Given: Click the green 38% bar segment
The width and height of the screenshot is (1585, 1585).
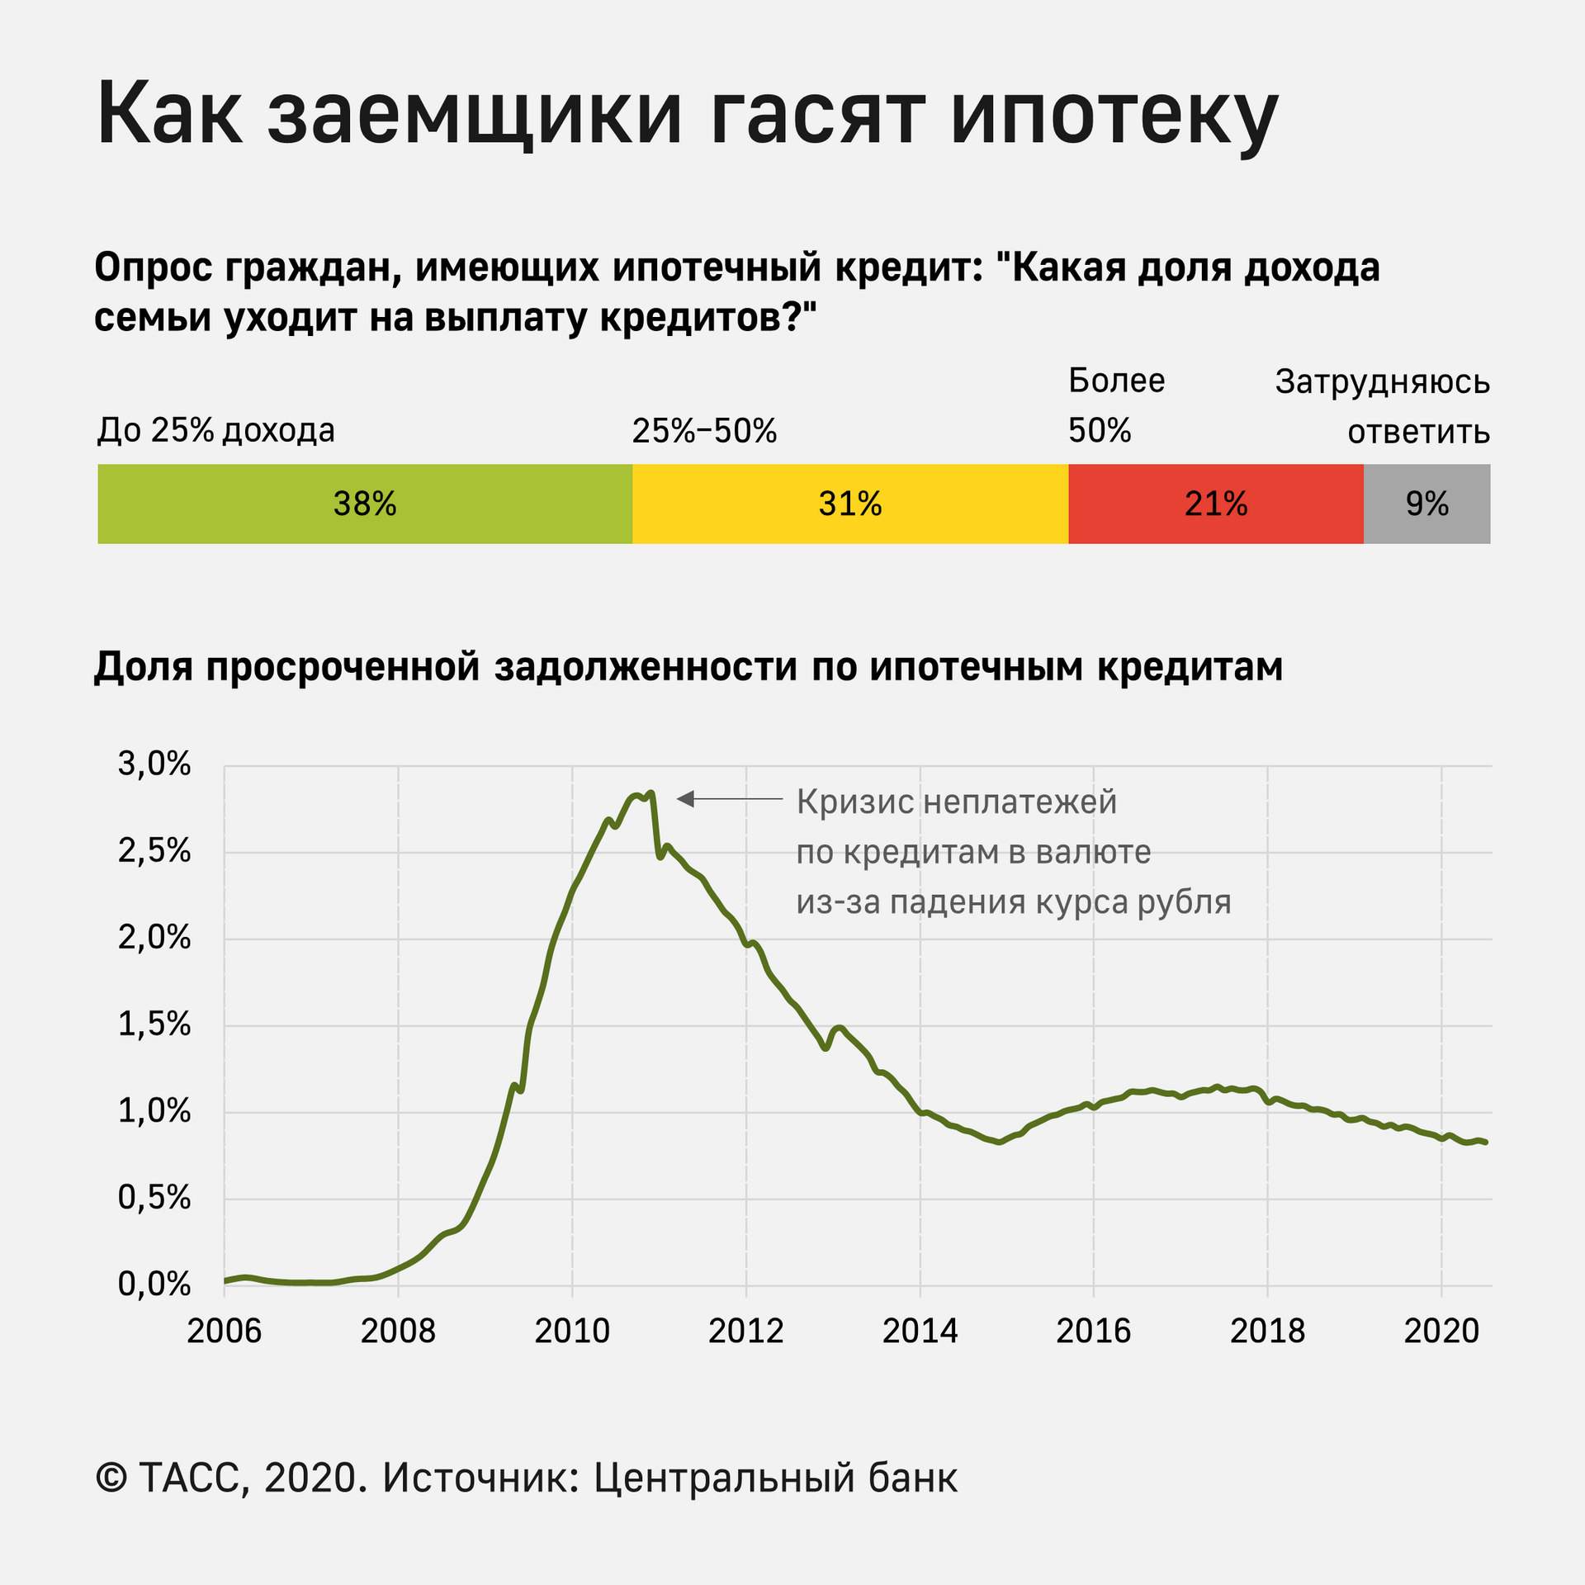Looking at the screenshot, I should tap(365, 504).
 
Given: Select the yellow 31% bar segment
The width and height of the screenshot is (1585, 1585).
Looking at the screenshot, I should tap(850, 504).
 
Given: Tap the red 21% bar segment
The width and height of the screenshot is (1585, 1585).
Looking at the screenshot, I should tap(1216, 504).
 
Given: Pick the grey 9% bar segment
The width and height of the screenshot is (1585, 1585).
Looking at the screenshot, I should tap(1427, 504).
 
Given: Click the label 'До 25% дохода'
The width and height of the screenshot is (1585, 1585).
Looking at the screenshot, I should tap(216, 430).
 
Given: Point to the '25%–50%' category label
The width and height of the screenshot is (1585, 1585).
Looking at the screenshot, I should tap(704, 431).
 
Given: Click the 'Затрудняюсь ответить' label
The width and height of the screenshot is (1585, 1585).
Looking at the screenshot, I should tap(1383, 406).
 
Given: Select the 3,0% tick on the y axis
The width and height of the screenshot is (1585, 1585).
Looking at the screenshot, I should tap(154, 764).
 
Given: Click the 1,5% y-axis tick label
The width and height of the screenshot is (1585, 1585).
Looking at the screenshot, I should tap(154, 1024).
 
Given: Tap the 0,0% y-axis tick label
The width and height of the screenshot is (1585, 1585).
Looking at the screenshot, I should tap(154, 1285).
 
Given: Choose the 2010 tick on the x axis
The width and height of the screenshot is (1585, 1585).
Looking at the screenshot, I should tap(572, 1332).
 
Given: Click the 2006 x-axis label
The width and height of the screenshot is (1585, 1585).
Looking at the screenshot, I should tap(224, 1332).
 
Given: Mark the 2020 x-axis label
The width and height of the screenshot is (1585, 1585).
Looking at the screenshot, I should tap(1441, 1332).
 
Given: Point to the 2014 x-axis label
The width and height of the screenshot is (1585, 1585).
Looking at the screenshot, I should tap(920, 1332).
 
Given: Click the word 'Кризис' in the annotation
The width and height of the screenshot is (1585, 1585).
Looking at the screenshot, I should tap(854, 802).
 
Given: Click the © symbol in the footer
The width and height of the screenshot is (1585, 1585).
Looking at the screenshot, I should tap(111, 1478).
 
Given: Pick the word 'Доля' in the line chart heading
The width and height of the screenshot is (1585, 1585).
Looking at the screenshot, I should tap(143, 667).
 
